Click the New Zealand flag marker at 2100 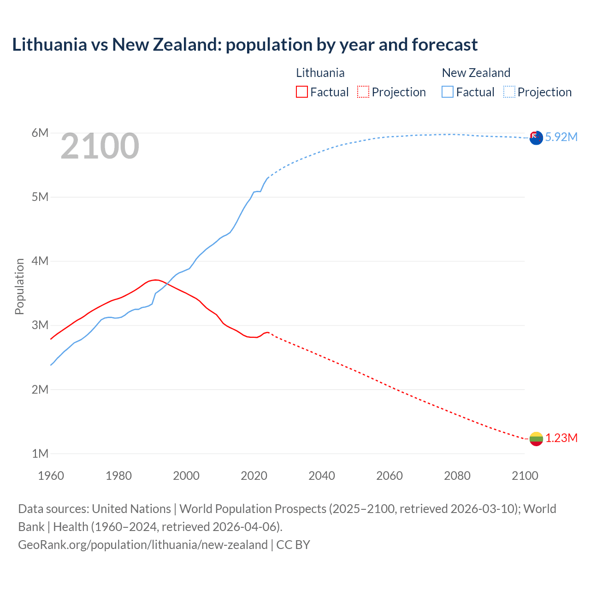(x=536, y=137)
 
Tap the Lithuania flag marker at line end (x=536, y=438)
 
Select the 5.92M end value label (x=561, y=137)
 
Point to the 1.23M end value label (x=561, y=438)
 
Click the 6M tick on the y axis (x=40, y=133)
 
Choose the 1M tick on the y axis (x=40, y=454)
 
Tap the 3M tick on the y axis (x=40, y=325)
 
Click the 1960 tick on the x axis (x=51, y=476)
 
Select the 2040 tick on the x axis (x=322, y=476)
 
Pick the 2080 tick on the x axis (x=457, y=476)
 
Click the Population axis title (x=19, y=286)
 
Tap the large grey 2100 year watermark (x=100, y=146)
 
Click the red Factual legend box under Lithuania (x=301, y=92)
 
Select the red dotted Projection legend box (x=363, y=92)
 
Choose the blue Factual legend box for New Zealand (x=448, y=92)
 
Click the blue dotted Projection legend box (x=509, y=92)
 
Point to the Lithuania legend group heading (x=320, y=73)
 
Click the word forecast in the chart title (x=445, y=45)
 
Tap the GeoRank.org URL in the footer (x=143, y=545)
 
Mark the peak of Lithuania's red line (x=156, y=280)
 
